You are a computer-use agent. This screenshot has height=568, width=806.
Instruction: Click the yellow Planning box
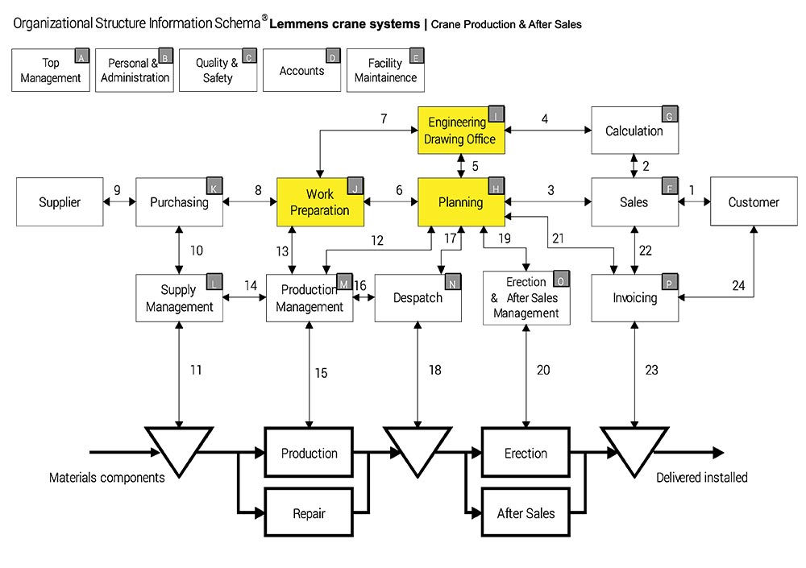(461, 202)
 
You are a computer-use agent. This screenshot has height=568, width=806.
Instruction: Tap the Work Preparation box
(320, 202)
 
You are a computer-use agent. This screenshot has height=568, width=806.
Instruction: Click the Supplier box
(60, 202)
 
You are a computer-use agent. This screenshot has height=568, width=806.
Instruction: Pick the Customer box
(754, 202)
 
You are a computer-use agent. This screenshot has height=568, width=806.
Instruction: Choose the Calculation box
(634, 131)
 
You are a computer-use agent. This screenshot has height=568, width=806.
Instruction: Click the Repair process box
(309, 512)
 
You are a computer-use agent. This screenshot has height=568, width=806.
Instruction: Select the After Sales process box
(526, 512)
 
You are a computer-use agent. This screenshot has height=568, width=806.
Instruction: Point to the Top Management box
(51, 71)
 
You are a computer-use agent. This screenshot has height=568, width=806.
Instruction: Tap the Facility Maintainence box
(385, 71)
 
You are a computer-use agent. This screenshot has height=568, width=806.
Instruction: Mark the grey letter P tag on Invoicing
(671, 282)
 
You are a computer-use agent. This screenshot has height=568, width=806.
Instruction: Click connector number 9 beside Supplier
(117, 191)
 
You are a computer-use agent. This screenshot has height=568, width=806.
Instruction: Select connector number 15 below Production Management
(321, 373)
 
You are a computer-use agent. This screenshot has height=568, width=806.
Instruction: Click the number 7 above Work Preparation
(384, 119)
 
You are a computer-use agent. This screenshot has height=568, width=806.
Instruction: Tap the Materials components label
(107, 478)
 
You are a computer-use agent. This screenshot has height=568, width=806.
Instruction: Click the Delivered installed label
(701, 478)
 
